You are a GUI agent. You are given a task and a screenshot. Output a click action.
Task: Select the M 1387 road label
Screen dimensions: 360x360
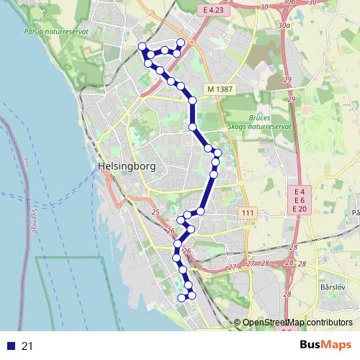220,89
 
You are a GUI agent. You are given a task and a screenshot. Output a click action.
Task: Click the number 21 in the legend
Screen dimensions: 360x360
27,346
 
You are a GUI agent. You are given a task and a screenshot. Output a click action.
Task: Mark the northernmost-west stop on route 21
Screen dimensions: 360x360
143,47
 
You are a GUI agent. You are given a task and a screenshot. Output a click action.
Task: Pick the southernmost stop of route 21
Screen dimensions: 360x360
181,297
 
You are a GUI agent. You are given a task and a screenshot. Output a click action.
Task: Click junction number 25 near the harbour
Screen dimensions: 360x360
156,212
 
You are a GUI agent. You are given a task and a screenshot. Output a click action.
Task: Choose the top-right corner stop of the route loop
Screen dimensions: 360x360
181,43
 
